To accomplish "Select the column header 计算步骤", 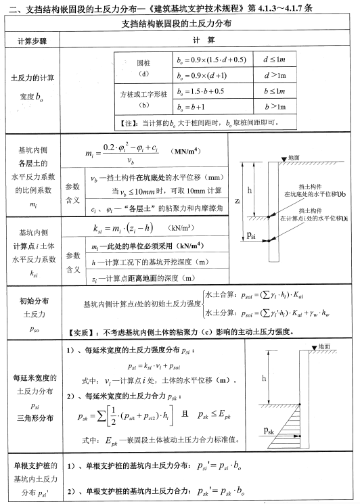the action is coord(32,41).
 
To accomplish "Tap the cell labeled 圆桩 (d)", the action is coord(143,67).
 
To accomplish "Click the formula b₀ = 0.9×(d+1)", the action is coord(202,75).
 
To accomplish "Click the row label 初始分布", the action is coord(32,298).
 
